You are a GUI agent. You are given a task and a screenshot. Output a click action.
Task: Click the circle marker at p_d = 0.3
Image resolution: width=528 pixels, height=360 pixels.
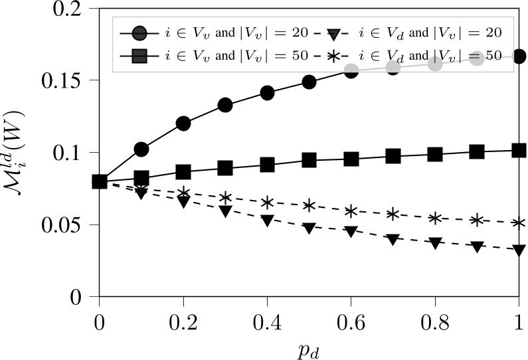click(x=225, y=105)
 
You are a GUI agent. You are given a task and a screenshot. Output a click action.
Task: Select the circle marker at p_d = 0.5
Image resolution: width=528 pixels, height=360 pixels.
click(x=309, y=82)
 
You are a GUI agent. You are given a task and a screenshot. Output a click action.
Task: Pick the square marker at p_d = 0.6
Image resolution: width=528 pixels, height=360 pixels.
click(x=351, y=159)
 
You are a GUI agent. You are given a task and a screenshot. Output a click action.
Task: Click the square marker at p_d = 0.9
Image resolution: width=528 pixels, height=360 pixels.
click(x=477, y=151)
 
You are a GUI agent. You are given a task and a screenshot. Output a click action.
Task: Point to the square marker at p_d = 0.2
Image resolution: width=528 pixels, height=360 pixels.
click(x=183, y=172)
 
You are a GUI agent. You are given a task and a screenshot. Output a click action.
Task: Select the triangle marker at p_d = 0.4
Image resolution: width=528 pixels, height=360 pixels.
click(x=267, y=221)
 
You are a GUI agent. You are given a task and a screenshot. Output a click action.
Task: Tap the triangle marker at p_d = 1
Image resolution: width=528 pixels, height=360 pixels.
click(x=519, y=250)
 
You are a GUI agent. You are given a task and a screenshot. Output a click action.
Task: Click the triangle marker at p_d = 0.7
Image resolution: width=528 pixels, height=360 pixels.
click(x=393, y=239)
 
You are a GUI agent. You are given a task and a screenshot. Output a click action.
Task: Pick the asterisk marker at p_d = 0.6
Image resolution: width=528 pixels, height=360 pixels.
click(x=351, y=211)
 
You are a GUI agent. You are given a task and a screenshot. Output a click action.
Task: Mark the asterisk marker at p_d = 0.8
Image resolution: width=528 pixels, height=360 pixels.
click(x=435, y=218)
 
